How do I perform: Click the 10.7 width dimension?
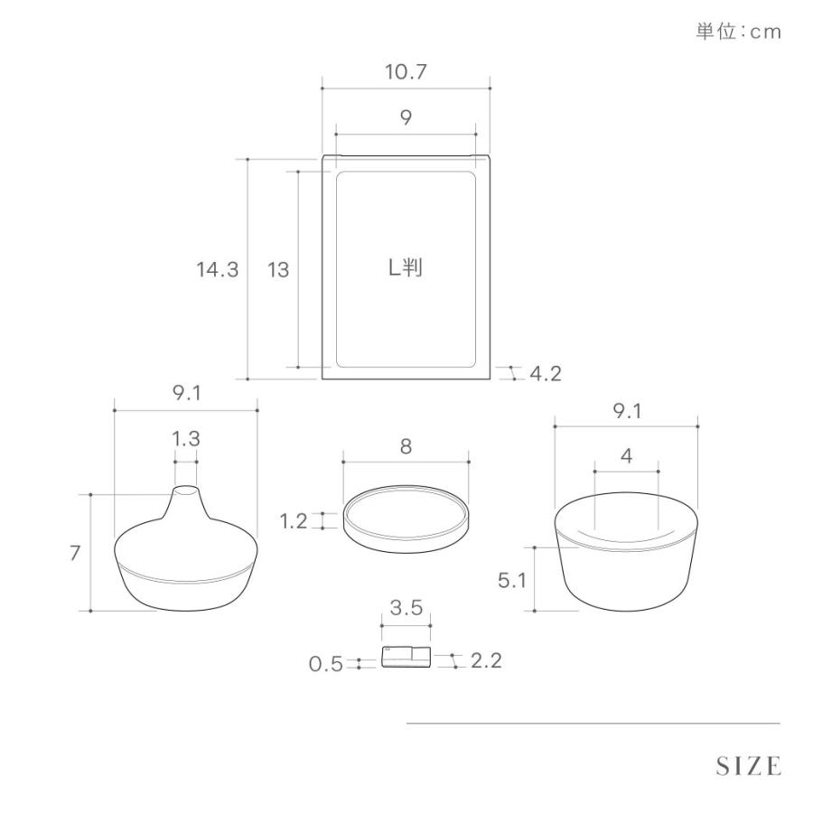click(406, 72)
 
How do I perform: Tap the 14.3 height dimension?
click(217, 269)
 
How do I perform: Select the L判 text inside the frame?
click(406, 267)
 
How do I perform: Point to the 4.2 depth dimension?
click(546, 373)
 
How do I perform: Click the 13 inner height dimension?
click(278, 269)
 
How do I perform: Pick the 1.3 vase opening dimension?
click(186, 439)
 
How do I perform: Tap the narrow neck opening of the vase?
click(185, 490)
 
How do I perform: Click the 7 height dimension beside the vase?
click(75, 553)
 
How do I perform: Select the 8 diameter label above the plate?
click(406, 446)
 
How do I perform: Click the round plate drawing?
click(406, 519)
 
